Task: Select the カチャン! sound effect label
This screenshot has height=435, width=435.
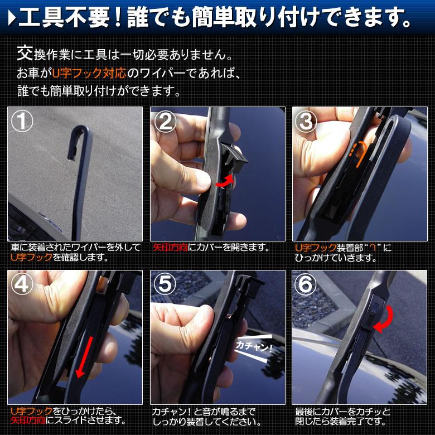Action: pos(254,346)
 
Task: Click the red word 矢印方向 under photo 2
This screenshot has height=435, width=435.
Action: pos(170,247)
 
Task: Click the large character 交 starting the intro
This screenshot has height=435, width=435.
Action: pos(23,55)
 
